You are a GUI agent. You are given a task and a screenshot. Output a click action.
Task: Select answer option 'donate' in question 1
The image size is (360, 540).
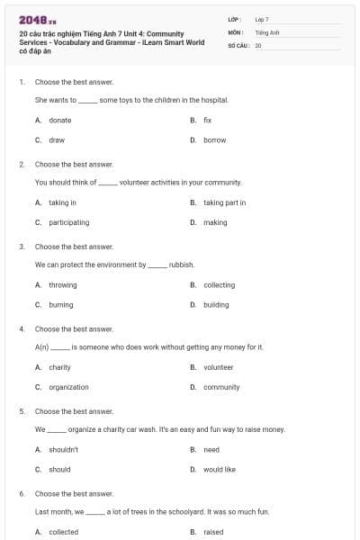pyautogui.click(x=60, y=120)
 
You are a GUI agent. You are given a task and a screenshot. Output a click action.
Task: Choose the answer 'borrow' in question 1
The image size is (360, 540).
pyautogui.click(x=214, y=140)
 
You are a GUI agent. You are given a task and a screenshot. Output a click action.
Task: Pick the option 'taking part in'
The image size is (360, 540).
pyautogui.click(x=224, y=202)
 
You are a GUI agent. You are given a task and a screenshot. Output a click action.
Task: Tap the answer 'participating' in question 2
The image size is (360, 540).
pyautogui.click(x=68, y=222)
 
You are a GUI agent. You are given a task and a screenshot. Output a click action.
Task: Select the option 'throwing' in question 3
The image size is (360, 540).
pyautogui.click(x=62, y=285)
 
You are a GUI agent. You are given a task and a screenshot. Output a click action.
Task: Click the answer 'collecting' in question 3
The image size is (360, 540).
pyautogui.click(x=219, y=285)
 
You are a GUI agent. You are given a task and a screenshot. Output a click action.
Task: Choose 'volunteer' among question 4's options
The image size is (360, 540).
pyautogui.click(x=218, y=367)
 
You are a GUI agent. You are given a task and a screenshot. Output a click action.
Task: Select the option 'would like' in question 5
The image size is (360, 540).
pyautogui.click(x=219, y=469)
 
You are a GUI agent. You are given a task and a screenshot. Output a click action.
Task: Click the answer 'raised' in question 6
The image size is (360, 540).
pyautogui.click(x=213, y=532)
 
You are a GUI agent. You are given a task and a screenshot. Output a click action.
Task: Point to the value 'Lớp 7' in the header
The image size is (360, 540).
pyautogui.click(x=262, y=19)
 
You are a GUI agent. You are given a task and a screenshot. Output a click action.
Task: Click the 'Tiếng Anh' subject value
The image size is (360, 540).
pyautogui.click(x=267, y=31)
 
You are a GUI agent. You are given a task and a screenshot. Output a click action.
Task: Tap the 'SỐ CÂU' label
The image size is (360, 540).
pyautogui.click(x=239, y=44)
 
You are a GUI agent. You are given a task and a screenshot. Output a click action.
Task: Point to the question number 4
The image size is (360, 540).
pyautogui.click(x=22, y=329)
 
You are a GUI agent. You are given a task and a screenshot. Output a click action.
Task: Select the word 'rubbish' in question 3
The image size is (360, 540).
pyautogui.click(x=181, y=265)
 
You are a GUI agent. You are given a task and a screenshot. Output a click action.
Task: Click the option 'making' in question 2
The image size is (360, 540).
pyautogui.click(x=215, y=222)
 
